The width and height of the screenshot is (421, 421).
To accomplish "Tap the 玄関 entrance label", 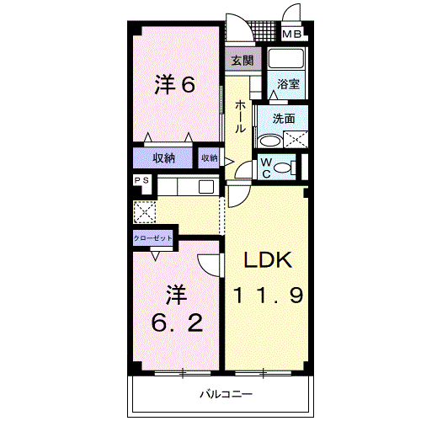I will point(242,61).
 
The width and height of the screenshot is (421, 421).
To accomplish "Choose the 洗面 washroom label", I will point(283,119).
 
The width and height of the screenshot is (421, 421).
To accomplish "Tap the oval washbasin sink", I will point(270,141).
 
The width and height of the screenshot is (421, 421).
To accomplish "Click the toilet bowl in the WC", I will point(284,168).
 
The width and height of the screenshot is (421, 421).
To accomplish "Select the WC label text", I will point(265,167).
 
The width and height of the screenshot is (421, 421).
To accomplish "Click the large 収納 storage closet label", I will point(163,158).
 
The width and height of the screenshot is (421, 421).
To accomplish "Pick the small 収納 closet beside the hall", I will point(209,157).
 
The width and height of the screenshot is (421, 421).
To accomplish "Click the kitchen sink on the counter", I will point(206,187).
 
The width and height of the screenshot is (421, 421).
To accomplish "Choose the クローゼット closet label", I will point(153,238).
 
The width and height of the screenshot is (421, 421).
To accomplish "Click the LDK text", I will point(268,262).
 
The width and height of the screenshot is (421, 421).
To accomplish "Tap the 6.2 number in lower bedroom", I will point(175,322).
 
